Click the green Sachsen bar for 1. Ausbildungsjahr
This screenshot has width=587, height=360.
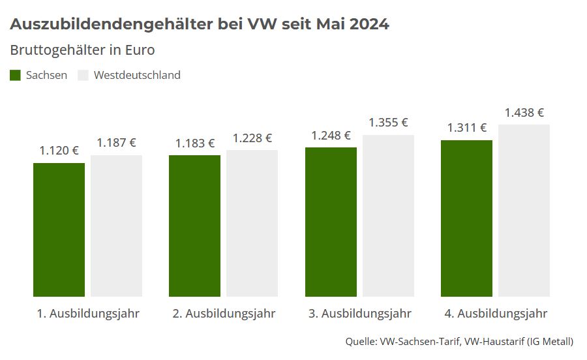coord(59,230)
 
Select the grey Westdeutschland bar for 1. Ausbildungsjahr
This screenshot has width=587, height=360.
coord(116,226)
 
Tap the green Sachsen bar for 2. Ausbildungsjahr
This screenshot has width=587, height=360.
coord(194,226)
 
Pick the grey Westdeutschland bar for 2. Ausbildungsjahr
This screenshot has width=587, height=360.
coord(252,223)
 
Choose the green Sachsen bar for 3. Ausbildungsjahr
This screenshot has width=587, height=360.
coord(331,222)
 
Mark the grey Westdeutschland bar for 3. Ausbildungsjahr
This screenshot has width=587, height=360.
coord(388,216)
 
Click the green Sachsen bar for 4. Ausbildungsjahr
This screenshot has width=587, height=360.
coord(466,218)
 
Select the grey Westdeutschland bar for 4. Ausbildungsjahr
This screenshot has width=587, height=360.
coord(524,210)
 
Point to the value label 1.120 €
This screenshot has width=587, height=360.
coord(59,151)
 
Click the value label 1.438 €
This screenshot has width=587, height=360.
coord(524,113)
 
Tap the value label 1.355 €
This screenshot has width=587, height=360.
coord(388,123)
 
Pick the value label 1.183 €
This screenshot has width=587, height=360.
coord(194,143)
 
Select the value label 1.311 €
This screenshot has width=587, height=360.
coord(466,128)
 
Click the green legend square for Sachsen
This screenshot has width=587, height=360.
coord(16,75)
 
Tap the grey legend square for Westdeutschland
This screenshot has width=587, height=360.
coord(83,75)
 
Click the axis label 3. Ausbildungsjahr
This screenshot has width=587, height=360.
coord(359,314)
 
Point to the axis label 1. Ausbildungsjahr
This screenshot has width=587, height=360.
coord(87,314)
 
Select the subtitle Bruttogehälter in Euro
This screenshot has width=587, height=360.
coord(82,50)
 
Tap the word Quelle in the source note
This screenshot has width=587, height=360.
coord(360,341)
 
